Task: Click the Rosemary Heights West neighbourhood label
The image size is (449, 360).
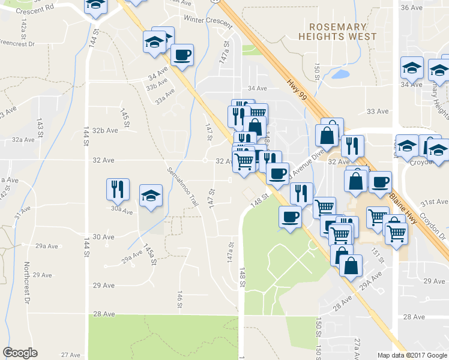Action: pos(338,32)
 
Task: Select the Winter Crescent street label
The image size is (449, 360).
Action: pos(208,20)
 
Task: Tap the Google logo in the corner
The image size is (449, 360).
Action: pos(20,353)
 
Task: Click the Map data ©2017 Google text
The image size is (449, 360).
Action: pos(411,355)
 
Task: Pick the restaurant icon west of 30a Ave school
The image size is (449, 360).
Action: pos(116,189)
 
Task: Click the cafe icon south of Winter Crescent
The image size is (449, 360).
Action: pos(182,55)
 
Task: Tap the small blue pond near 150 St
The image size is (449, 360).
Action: pos(340,74)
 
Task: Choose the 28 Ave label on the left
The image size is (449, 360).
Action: pos(103,314)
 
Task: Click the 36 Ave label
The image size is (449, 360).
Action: pos(412,7)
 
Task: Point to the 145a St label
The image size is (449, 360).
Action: pos(149,254)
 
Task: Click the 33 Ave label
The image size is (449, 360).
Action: pos(378,112)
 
